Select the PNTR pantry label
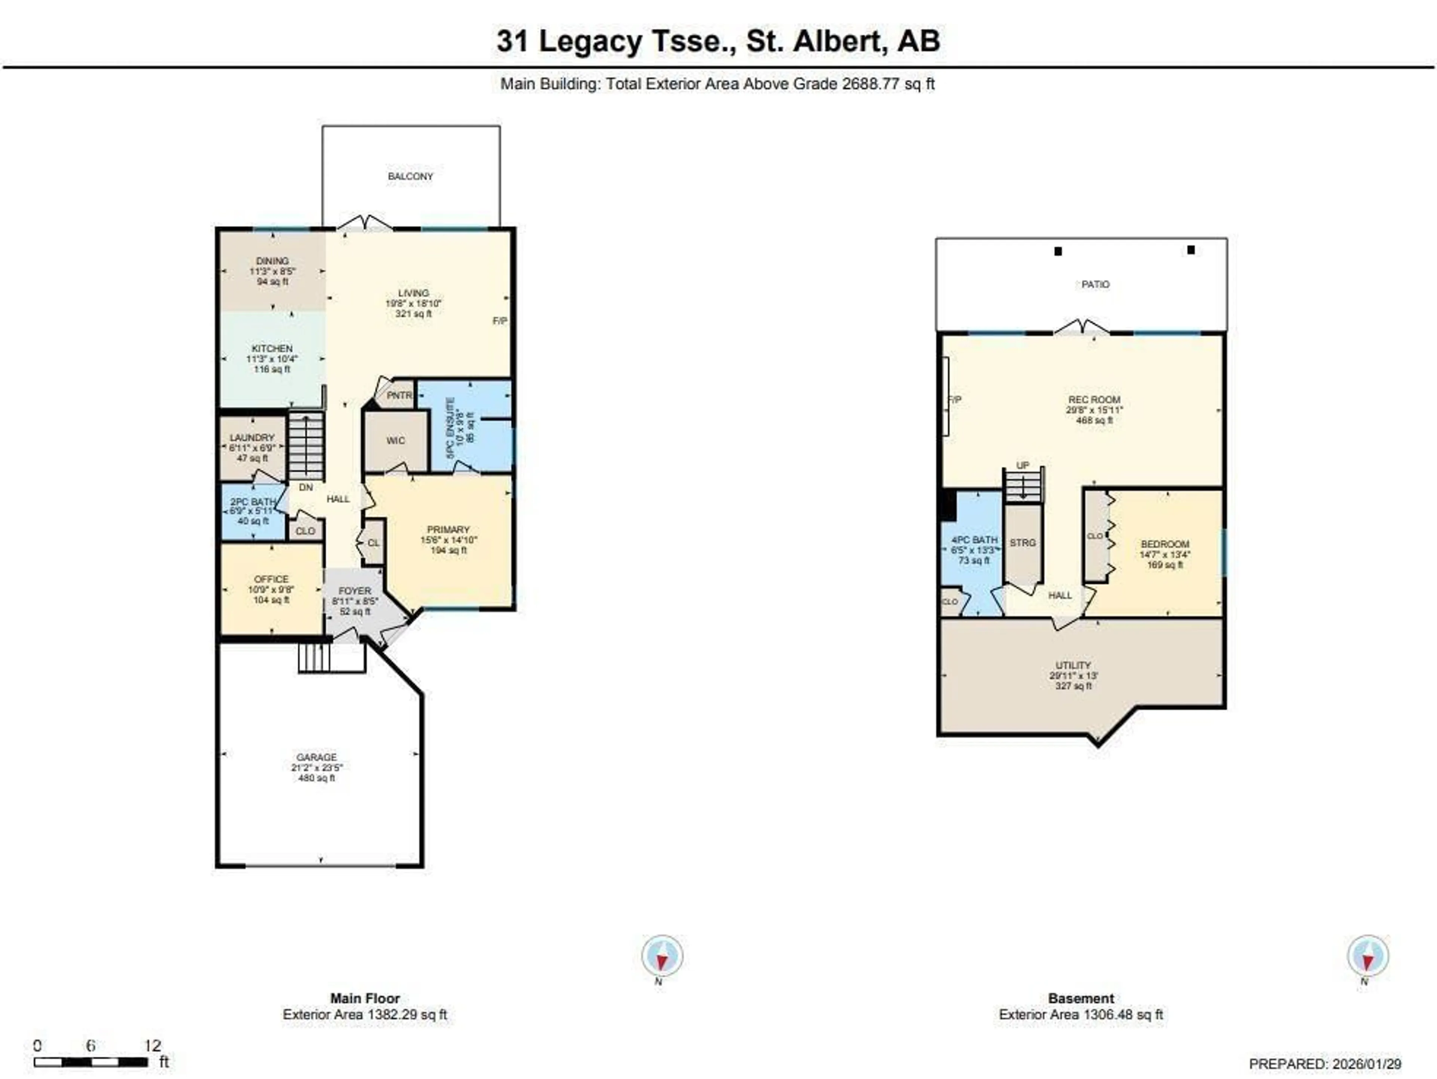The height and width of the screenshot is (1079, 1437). pyautogui.click(x=399, y=395)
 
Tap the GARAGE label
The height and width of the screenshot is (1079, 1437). pyautogui.click(x=316, y=758)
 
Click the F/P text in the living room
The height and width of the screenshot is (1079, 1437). pyautogui.click(x=500, y=321)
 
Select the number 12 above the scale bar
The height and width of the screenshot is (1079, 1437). pyautogui.click(x=152, y=1045)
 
